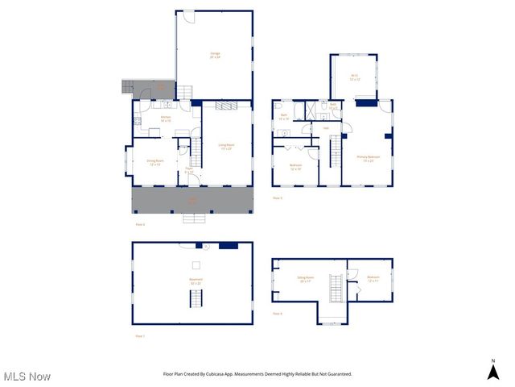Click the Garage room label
(x=215, y=56)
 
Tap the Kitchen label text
(x=166, y=119)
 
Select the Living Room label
(x=225, y=147)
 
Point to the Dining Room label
(x=155, y=162)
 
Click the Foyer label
(x=188, y=171)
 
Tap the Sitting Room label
(x=307, y=279)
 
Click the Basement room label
(x=196, y=281)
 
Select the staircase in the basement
(x=196, y=299)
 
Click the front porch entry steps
(x=194, y=217)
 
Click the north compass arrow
(x=492, y=371)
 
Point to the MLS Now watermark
(x=27, y=377)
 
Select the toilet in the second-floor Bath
(x=277, y=106)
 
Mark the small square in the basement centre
(x=196, y=264)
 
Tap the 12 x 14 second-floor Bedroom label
(x=296, y=167)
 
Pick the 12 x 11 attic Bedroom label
(x=373, y=279)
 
